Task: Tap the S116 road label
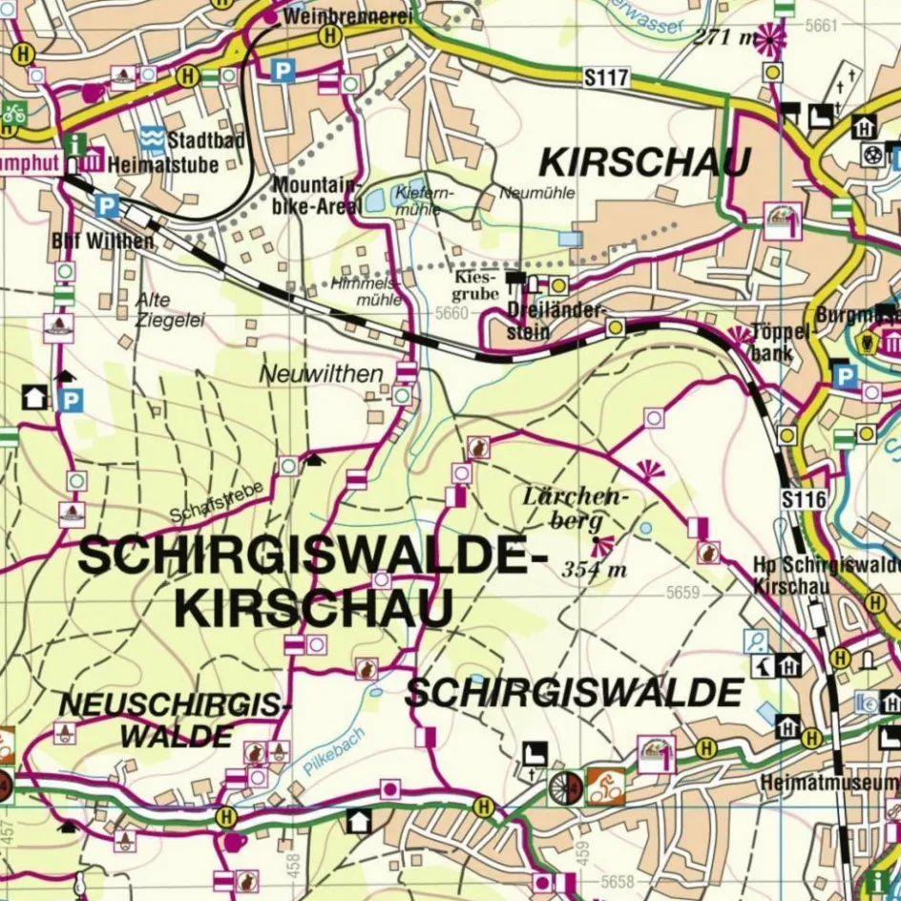(802, 499)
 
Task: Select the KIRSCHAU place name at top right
(644, 162)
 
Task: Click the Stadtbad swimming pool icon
(152, 140)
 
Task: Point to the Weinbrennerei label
(347, 16)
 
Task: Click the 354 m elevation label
(594, 570)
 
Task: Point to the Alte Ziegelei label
(170, 309)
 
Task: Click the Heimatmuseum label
(828, 784)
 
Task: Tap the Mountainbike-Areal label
(317, 195)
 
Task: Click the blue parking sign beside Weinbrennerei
(282, 70)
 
